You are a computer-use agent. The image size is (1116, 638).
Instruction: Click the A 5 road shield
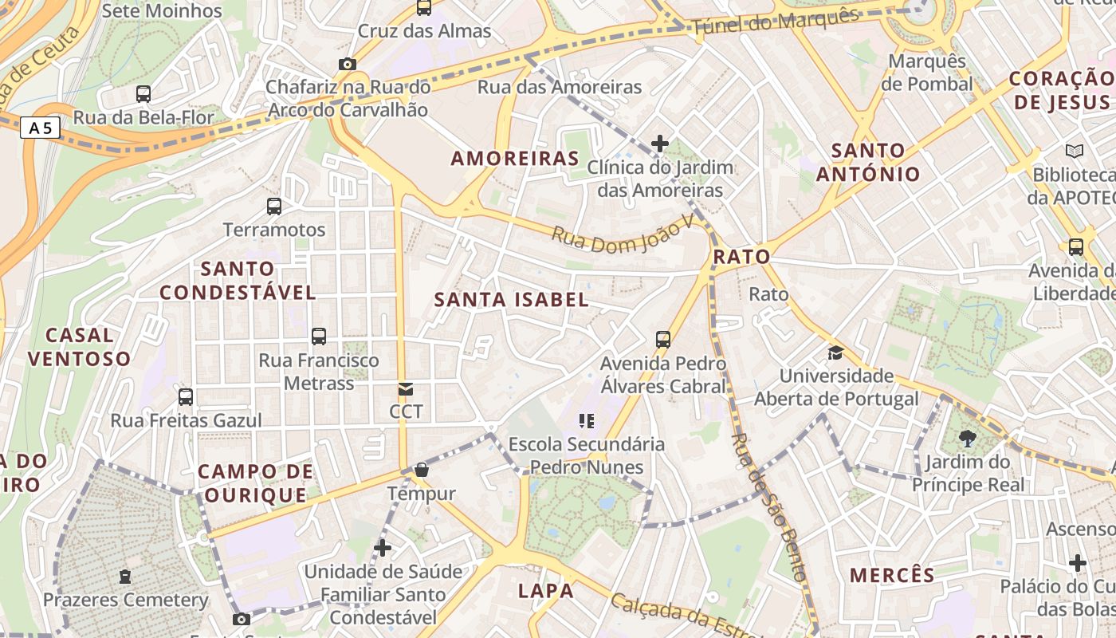pyautogui.click(x=40, y=128)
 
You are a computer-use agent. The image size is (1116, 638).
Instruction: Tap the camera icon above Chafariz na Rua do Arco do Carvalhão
pyautogui.click(x=348, y=64)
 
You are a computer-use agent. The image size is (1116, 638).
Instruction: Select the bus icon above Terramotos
pyautogui.click(x=274, y=207)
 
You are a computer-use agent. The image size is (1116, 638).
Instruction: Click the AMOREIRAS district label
pyautogui.click(x=515, y=158)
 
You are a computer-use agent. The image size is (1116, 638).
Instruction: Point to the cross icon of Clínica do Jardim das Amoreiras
pyautogui.click(x=660, y=144)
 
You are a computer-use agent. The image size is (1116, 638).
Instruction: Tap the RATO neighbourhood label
pyautogui.click(x=742, y=257)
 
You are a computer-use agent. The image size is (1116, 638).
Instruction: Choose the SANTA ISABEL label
pyautogui.click(x=512, y=300)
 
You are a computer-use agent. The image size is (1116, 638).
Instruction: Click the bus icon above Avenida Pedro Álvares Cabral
pyautogui.click(x=663, y=340)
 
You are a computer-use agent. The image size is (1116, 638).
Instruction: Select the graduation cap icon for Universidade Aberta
pyautogui.click(x=835, y=352)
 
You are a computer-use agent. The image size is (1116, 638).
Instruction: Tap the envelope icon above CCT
pyautogui.click(x=406, y=389)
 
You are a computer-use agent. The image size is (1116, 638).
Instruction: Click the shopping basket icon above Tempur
pyautogui.click(x=422, y=471)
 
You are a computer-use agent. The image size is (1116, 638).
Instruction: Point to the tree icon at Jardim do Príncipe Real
pyautogui.click(x=968, y=438)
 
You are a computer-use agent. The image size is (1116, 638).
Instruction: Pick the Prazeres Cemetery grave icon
pyautogui.click(x=125, y=576)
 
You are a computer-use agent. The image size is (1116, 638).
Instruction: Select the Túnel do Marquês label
pyautogui.click(x=776, y=23)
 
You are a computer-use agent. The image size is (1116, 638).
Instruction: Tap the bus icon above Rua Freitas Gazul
pyautogui.click(x=186, y=397)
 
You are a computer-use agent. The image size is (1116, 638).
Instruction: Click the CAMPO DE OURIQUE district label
pyautogui.click(x=255, y=483)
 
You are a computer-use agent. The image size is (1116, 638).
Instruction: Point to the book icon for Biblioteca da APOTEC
pyautogui.click(x=1075, y=151)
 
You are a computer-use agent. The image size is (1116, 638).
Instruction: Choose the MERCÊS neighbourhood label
pyautogui.click(x=892, y=575)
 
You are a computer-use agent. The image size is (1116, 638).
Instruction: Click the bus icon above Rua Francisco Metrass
pyautogui.click(x=319, y=337)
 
